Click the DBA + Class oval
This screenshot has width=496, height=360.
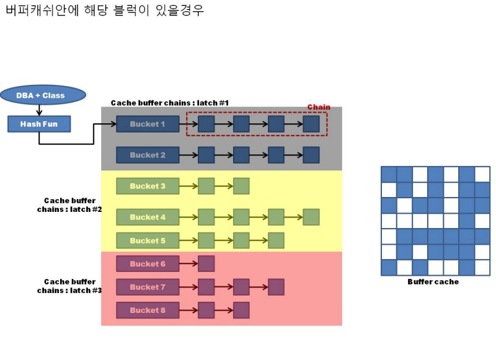(40, 95)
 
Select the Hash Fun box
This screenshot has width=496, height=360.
(39, 124)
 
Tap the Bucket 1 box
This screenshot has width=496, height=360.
(148, 124)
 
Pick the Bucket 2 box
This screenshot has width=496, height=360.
(148, 155)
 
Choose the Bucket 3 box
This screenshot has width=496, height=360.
(148, 186)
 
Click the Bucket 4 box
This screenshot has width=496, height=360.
(148, 217)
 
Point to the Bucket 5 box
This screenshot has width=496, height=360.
(148, 240)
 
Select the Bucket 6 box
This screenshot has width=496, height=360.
(148, 264)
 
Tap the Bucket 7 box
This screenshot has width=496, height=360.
(148, 287)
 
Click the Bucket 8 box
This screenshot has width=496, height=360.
(148, 310)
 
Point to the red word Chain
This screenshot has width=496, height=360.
(319, 107)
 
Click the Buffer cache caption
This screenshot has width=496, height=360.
(433, 282)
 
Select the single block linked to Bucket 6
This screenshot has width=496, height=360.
(206, 264)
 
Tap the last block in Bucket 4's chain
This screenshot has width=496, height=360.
(311, 217)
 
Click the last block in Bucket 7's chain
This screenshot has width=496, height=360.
(276, 287)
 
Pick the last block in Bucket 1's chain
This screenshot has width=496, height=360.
(311, 124)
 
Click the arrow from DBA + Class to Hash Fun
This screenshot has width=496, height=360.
(40, 110)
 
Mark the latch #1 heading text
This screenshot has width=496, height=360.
(170, 102)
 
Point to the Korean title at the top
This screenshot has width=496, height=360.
(104, 11)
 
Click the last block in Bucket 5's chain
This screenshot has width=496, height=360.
(276, 240)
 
